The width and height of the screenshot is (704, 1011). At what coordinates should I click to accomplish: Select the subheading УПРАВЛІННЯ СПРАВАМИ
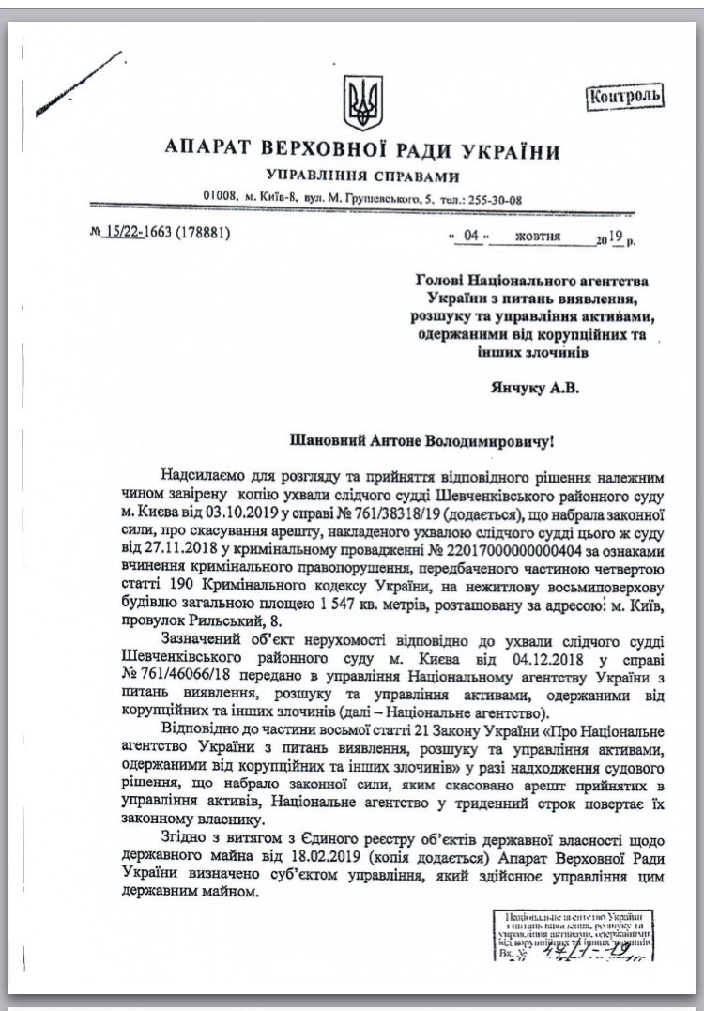(x=362, y=176)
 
